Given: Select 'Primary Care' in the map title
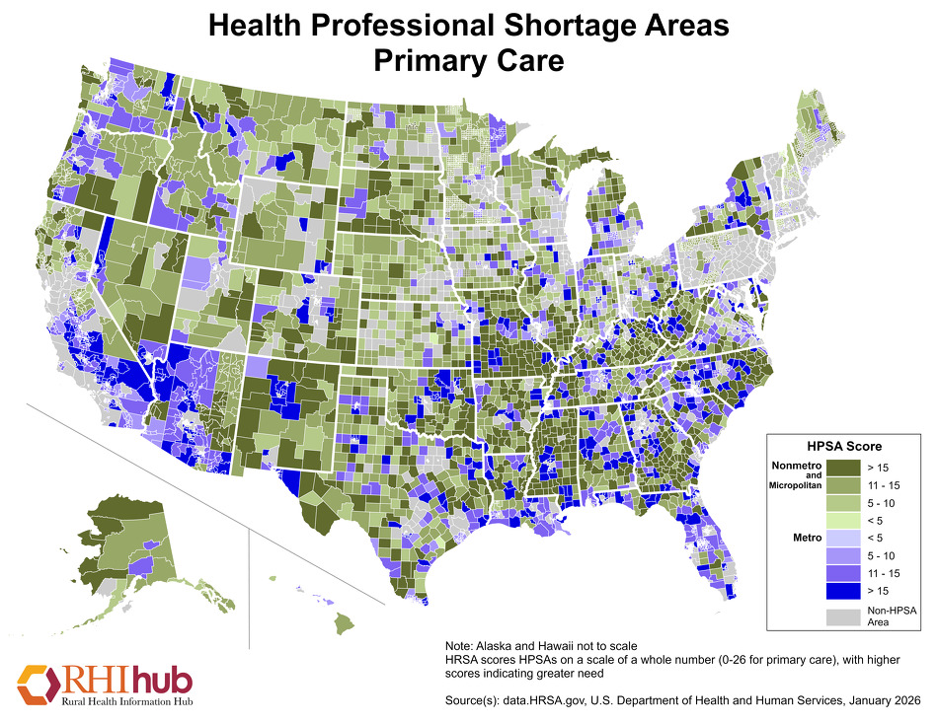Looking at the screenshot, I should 468,61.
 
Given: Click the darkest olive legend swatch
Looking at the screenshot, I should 842,467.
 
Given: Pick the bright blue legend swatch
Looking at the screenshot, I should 842,590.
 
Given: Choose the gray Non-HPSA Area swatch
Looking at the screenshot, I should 842,616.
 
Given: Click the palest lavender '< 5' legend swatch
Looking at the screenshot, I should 842,539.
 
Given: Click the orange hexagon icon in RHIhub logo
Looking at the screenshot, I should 37,682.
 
